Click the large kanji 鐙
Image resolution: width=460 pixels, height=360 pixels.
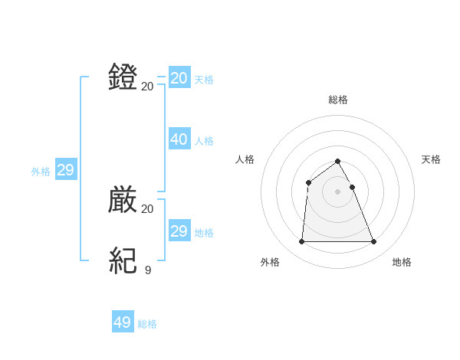click(x=123, y=77)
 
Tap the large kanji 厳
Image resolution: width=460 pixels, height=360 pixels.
click(x=123, y=200)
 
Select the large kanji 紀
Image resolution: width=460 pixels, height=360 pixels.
click(x=123, y=261)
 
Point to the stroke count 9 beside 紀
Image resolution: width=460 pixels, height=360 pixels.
click(x=147, y=270)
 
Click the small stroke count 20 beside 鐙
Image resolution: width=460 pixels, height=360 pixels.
click(x=147, y=86)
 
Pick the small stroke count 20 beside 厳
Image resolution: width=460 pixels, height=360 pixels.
click(x=147, y=208)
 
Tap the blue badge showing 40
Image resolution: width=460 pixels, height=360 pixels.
click(x=179, y=139)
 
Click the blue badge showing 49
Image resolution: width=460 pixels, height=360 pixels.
click(x=123, y=322)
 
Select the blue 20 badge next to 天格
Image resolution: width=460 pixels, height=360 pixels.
click(x=179, y=78)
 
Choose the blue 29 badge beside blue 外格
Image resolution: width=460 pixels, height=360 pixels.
click(x=65, y=170)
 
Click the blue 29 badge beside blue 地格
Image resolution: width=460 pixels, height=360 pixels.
click(x=179, y=231)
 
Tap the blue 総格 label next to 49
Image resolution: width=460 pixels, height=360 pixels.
click(x=147, y=324)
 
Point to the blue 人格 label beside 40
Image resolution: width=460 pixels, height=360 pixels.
click(x=204, y=141)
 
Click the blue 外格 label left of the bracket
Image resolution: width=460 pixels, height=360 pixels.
click(x=41, y=172)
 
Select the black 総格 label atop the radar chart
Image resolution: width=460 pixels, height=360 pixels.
click(x=338, y=100)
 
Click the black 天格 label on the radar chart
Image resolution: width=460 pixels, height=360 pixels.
click(x=432, y=159)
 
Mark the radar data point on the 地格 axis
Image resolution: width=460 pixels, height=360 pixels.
click(x=374, y=242)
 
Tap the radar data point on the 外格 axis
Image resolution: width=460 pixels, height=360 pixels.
click(x=301, y=242)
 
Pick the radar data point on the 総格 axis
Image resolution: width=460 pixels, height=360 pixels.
click(x=338, y=161)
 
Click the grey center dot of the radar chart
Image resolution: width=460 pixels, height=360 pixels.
click(x=338, y=191)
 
